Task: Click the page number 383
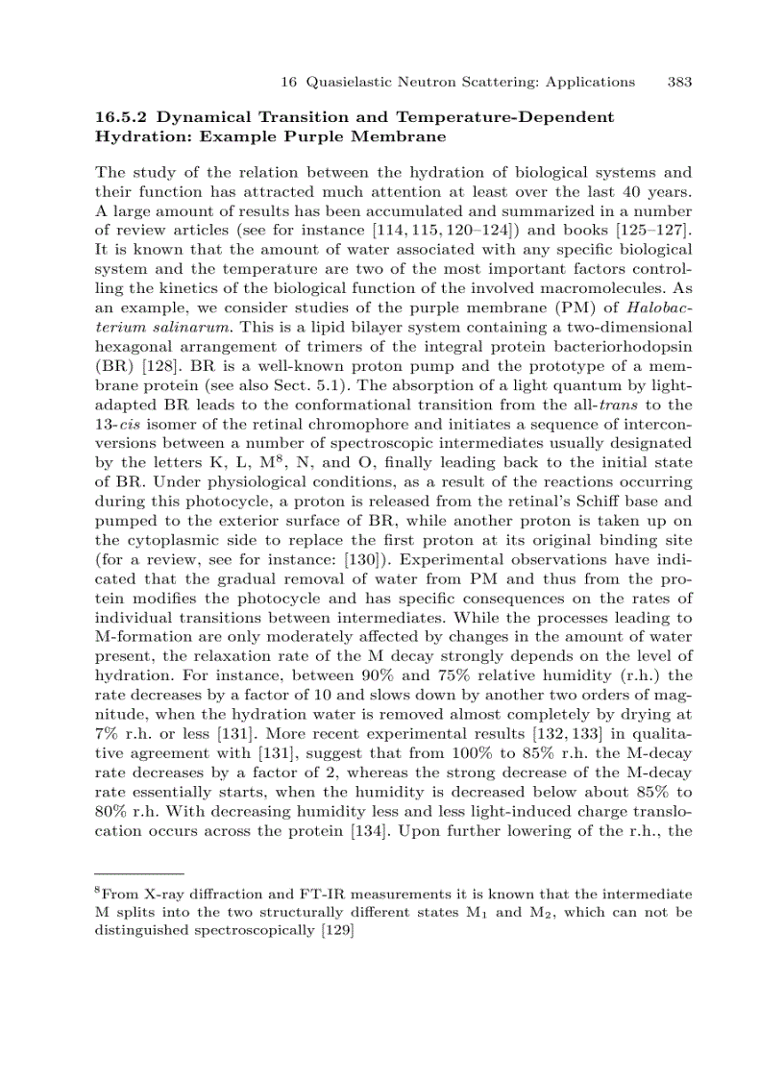pyautogui.click(x=679, y=82)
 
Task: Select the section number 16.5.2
pyautogui.click(x=120, y=117)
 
